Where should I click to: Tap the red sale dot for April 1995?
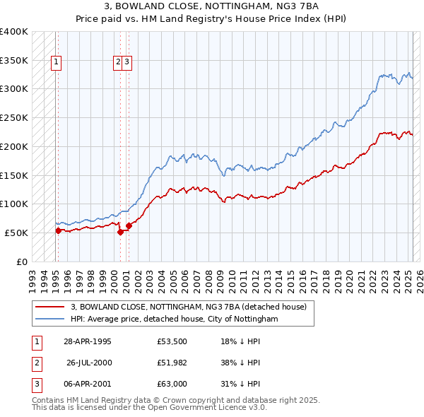point(58,230)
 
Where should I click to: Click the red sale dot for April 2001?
point(129,225)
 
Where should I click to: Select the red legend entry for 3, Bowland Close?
point(188,307)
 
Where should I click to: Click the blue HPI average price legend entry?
point(174,319)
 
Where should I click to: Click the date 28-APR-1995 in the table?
point(88,342)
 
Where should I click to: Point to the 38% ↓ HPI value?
point(240,363)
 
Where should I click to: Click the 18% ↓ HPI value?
point(240,342)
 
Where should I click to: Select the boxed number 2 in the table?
point(35,363)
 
